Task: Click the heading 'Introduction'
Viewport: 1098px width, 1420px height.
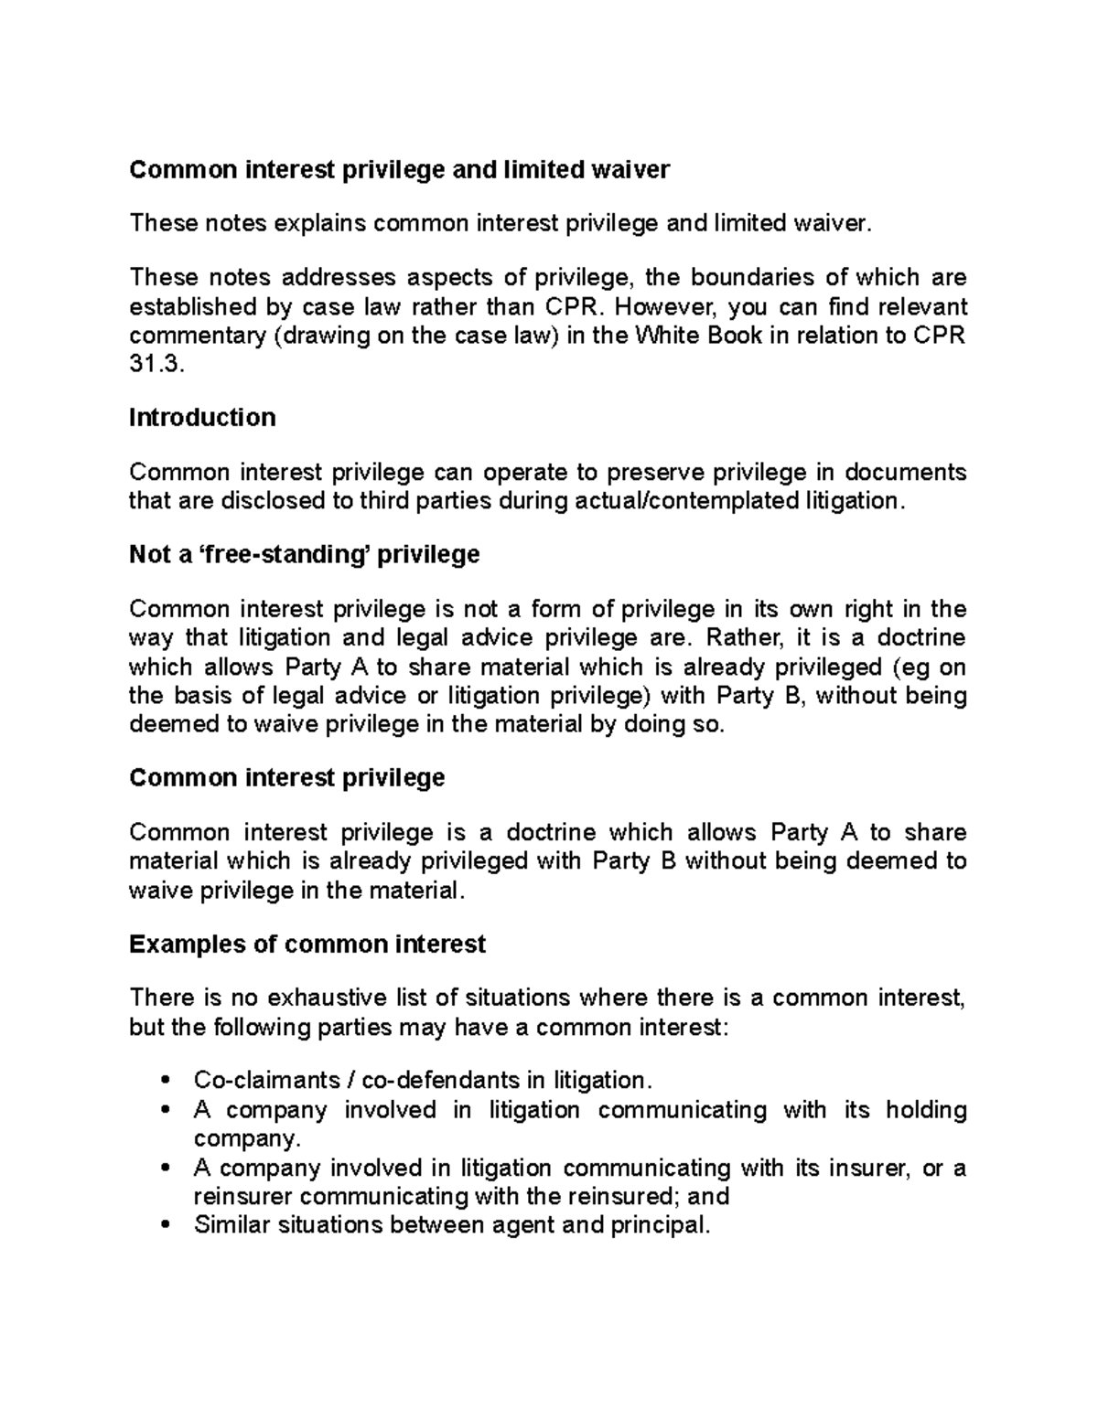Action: [202, 418]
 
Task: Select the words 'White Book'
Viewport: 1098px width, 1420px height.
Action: [696, 336]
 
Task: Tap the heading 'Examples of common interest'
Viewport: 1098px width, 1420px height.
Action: [307, 944]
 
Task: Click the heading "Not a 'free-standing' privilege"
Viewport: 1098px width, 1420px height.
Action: [304, 555]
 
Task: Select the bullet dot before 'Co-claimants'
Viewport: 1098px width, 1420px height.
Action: [165, 1081]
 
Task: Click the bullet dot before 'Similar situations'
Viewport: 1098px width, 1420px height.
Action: [165, 1225]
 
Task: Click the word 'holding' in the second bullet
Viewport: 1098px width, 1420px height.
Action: [926, 1110]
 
